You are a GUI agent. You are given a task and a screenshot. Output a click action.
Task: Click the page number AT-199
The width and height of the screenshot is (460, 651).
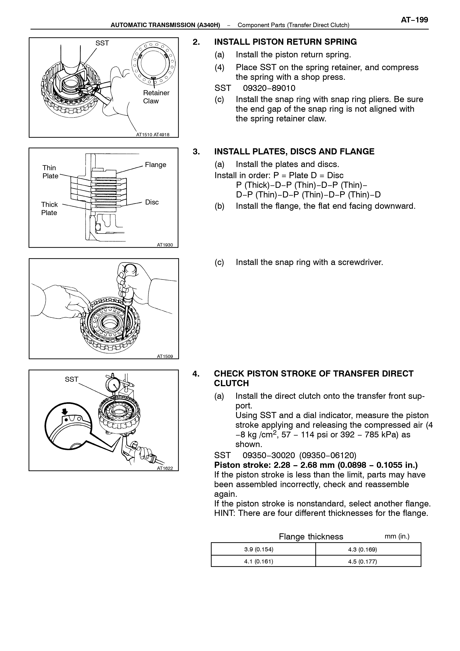pyautogui.click(x=414, y=20)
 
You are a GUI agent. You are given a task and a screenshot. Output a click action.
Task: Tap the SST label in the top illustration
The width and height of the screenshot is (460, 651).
pyautogui.click(x=102, y=43)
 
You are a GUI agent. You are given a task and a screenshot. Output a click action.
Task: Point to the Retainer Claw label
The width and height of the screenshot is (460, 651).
pyautogui.click(x=156, y=97)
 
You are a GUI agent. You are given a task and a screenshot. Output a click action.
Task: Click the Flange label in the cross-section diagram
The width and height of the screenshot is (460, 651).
pyautogui.click(x=156, y=165)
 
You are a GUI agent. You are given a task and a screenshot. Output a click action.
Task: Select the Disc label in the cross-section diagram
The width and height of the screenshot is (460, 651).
pyautogui.click(x=152, y=202)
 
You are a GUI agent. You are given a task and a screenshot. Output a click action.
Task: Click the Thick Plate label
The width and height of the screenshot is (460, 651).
pyautogui.click(x=49, y=209)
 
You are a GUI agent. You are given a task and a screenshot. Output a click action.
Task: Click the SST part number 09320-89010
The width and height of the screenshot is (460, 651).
pyautogui.click(x=269, y=88)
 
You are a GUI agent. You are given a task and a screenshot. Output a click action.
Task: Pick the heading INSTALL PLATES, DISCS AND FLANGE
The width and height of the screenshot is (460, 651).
pyautogui.click(x=294, y=152)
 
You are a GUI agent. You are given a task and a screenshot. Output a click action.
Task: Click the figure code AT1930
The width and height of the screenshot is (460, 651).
pyautogui.click(x=165, y=245)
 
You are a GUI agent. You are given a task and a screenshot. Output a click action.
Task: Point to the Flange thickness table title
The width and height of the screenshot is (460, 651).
pyautogui.click(x=311, y=537)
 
